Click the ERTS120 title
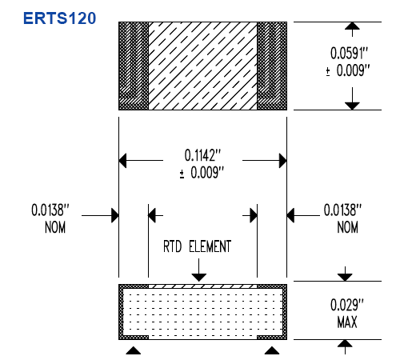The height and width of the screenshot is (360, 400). pos(59,18)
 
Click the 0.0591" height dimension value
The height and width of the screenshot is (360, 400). pos(349,53)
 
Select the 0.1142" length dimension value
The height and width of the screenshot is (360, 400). pos(203,155)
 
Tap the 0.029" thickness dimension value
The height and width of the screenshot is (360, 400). pos(347,305)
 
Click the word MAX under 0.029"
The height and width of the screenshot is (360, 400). pos(347,322)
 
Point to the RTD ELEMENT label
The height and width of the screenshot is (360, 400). pos(197,246)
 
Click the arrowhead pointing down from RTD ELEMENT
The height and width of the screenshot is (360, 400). pos(198,278)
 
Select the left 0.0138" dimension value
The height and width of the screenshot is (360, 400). pos(50,210)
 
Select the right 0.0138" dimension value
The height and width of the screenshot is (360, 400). pos(342,210)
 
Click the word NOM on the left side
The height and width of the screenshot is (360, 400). pos(55,227)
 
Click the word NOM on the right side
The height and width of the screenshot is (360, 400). pos(347,227)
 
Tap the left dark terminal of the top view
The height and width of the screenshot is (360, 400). pos(134,66)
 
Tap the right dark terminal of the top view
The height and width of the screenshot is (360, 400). pos(272,66)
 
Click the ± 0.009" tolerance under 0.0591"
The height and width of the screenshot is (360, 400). pos(348,70)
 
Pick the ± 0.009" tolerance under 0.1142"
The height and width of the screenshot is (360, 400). pos(202,173)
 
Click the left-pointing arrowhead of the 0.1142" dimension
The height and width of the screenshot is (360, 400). pos(122,161)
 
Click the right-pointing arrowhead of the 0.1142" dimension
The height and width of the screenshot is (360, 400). pos(283,161)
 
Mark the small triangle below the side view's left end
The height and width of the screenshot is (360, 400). pos(134,350)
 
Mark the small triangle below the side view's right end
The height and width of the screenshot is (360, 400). pos(272,350)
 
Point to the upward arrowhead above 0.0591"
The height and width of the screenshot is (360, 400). pos(352,26)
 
